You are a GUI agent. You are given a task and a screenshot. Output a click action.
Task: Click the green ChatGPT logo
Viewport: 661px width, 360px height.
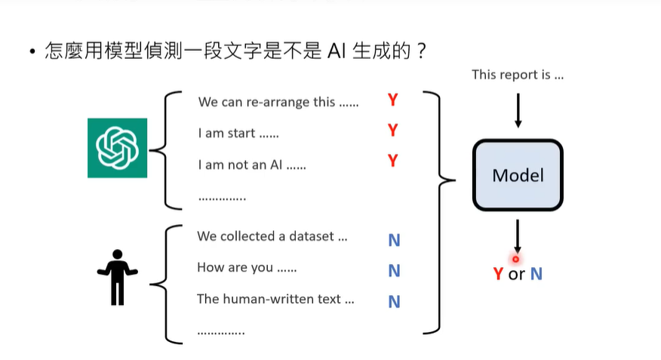pyautogui.click(x=117, y=148)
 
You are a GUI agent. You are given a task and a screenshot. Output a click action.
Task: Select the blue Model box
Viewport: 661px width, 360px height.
pyautogui.click(x=518, y=175)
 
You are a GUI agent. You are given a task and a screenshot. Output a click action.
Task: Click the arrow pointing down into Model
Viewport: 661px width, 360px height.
pyautogui.click(x=518, y=111)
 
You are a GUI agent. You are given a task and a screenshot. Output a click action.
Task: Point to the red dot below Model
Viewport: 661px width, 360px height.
pyautogui.click(x=516, y=259)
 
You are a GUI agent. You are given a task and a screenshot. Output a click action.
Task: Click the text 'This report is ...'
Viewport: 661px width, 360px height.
pyautogui.click(x=518, y=75)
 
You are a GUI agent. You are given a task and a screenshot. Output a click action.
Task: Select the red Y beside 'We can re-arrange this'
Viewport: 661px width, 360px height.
pyautogui.click(x=392, y=100)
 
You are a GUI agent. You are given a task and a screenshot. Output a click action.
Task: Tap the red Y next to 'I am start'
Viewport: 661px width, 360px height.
pyautogui.click(x=392, y=131)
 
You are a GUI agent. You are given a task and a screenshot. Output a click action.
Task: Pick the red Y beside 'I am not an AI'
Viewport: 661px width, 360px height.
pyautogui.click(x=392, y=162)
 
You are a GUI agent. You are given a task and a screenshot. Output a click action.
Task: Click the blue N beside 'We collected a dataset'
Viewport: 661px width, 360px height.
pyautogui.click(x=394, y=240)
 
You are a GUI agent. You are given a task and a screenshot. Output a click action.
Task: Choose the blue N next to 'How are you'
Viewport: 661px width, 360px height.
pyautogui.click(x=394, y=270)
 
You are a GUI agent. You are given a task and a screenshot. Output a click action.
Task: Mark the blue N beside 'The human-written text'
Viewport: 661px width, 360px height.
pyautogui.click(x=394, y=302)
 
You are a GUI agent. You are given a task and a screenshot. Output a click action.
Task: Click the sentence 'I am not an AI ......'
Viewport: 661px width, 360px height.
pyautogui.click(x=252, y=165)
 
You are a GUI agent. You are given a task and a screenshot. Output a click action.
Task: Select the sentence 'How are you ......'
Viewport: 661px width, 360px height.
pyautogui.click(x=247, y=268)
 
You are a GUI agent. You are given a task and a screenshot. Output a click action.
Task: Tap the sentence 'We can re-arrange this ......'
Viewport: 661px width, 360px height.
pyautogui.click(x=278, y=102)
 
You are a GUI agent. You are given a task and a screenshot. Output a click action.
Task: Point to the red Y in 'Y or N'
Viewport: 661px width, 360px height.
pyautogui.click(x=498, y=274)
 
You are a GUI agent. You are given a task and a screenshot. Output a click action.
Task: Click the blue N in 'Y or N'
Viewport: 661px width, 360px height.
pyautogui.click(x=536, y=274)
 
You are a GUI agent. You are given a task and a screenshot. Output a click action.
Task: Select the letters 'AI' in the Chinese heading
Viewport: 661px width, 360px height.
pyautogui.click(x=337, y=52)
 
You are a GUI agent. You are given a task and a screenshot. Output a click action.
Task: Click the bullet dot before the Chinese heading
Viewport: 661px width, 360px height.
pyautogui.click(x=32, y=53)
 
